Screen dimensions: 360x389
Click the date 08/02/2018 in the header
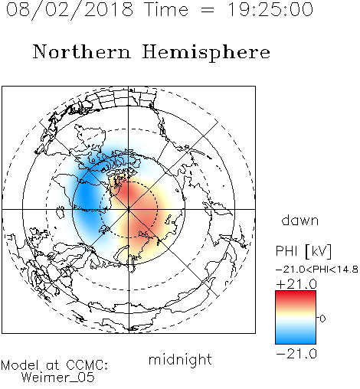[70, 10]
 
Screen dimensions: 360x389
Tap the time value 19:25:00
[270, 10]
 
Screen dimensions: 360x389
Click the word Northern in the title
[82, 51]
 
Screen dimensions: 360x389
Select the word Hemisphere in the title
[206, 53]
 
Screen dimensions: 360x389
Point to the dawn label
[300, 220]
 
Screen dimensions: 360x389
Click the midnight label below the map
[180, 359]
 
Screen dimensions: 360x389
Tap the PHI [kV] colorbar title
[303, 251]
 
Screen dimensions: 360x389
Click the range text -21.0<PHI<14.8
[317, 270]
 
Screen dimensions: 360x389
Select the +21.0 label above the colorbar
[296, 284]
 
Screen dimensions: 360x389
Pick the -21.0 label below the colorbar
[296, 354]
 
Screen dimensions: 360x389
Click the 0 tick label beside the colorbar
[322, 319]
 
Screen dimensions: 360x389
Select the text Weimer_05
[58, 378]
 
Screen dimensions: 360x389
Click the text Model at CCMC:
[54, 365]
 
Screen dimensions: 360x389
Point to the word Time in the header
[166, 10]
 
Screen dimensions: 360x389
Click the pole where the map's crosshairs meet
[129, 210]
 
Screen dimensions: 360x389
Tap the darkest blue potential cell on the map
[86, 197]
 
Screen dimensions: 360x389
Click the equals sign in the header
[208, 11]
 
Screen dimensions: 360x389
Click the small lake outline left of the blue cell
[61, 212]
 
